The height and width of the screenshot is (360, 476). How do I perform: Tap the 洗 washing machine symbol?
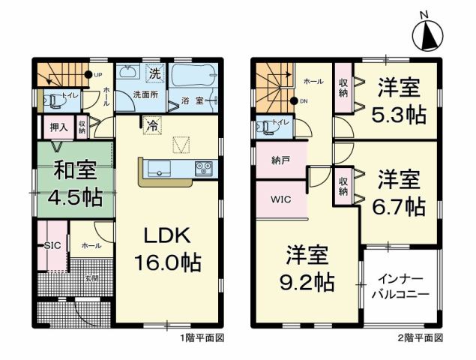click(154, 73)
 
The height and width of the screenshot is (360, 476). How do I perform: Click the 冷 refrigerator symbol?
click(152, 125)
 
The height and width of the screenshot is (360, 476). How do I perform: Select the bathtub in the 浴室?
click(192, 76)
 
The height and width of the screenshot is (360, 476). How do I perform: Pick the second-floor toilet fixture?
click(268, 127)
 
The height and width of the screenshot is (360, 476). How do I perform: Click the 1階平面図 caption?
click(202, 338)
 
